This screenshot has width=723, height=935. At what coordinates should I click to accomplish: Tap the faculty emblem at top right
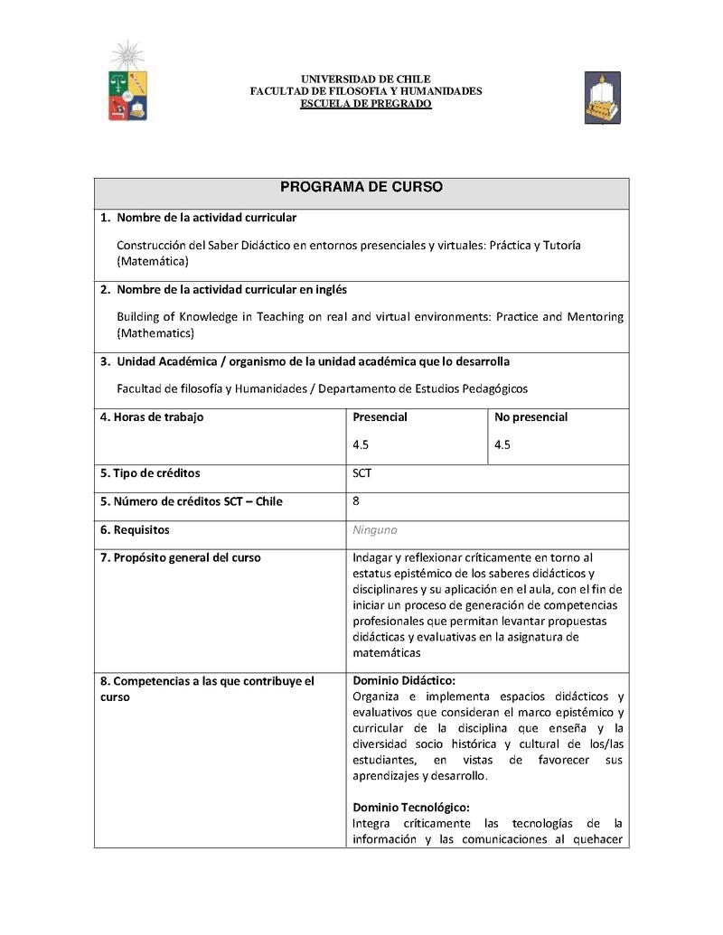[x=602, y=98]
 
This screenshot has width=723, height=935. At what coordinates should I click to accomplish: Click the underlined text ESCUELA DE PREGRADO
[x=365, y=104]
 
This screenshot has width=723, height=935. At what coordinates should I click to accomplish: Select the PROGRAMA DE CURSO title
[x=361, y=187]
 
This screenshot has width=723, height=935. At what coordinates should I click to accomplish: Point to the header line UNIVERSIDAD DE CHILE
[x=365, y=79]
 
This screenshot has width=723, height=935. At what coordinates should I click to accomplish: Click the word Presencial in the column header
[x=380, y=417]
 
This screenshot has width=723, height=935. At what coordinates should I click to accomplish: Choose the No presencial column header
[x=531, y=417]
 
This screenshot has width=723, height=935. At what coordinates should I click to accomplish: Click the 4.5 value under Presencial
[x=361, y=444]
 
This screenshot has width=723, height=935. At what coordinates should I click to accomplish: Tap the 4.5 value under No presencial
[x=502, y=444]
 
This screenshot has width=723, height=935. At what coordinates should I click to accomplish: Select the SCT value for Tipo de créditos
[x=362, y=472]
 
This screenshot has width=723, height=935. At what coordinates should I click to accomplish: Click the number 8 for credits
[x=356, y=500]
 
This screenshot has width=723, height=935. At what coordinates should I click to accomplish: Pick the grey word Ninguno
[x=374, y=530]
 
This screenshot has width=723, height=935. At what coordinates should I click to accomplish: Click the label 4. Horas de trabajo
[x=152, y=417]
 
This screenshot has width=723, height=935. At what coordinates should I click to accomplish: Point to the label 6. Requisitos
[x=135, y=530]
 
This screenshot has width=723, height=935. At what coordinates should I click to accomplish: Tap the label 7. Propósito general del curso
[x=180, y=557]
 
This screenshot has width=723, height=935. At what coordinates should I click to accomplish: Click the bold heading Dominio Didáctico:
[x=404, y=680]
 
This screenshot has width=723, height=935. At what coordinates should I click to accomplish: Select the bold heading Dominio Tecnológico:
[x=411, y=808]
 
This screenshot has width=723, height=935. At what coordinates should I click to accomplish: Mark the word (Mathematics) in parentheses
[x=155, y=333]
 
